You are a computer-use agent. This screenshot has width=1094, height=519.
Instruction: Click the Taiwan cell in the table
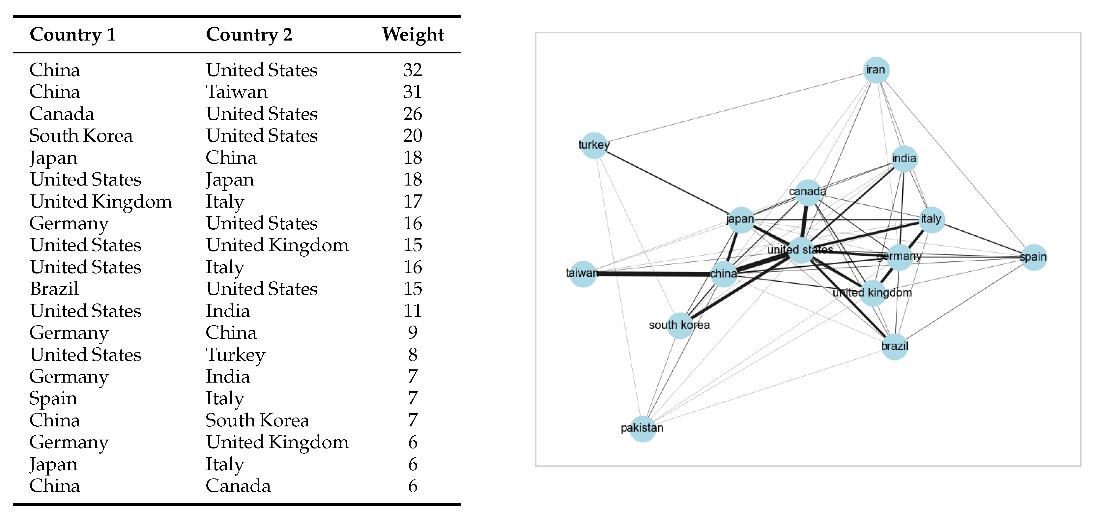click(237, 92)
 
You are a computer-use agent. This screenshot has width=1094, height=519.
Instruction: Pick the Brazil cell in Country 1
click(54, 289)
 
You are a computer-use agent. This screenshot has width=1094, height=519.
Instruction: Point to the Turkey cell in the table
click(235, 355)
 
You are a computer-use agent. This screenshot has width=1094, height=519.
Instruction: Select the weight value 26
click(412, 114)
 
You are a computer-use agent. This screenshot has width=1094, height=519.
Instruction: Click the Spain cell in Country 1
click(53, 398)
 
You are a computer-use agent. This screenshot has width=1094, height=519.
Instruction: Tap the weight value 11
click(412, 311)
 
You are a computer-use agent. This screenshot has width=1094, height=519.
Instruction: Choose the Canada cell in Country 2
click(238, 486)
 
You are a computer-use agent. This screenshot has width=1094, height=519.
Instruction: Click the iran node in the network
click(876, 70)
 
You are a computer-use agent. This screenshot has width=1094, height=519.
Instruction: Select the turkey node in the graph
click(594, 145)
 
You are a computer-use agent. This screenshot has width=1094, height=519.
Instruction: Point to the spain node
click(1033, 257)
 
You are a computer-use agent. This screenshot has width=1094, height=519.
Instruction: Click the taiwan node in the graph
click(583, 274)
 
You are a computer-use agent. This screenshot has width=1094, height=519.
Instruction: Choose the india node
click(904, 159)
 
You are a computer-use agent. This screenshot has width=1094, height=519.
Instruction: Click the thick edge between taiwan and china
click(654, 274)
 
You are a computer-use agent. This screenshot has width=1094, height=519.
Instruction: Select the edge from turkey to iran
click(735, 107)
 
